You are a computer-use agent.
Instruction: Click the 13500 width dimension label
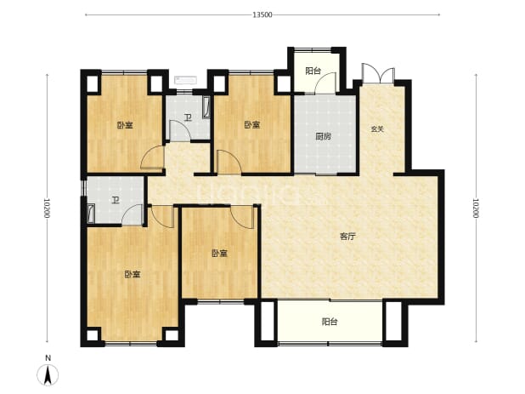[x=262, y=14]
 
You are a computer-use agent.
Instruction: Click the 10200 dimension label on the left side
[x=47, y=208]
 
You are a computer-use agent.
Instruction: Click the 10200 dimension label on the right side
[x=476, y=208]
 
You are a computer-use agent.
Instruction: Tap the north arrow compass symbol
[x=48, y=374]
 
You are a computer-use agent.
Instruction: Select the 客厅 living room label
[x=347, y=237]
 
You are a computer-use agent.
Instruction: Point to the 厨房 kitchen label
[x=324, y=136]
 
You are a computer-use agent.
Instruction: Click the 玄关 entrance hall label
[x=377, y=128]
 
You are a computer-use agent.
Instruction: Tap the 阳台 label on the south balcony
[x=330, y=322]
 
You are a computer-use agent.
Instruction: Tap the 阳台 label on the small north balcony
[x=313, y=71]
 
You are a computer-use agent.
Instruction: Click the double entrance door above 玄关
[x=378, y=73]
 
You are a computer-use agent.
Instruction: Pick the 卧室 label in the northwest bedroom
[x=125, y=125]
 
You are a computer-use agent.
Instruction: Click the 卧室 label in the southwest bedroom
[x=133, y=274]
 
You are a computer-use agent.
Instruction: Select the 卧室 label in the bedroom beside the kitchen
[x=251, y=125]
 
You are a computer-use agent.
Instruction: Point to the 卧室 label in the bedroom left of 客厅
[x=220, y=254]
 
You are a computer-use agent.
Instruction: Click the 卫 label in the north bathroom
[x=188, y=117]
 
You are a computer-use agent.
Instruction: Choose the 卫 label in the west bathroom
[x=116, y=201]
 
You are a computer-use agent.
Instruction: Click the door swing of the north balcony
[x=325, y=83]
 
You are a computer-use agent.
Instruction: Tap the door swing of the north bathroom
[x=180, y=130]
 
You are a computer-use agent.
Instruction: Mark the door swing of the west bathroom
[x=132, y=214]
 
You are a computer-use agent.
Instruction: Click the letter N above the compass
[x=48, y=358]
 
